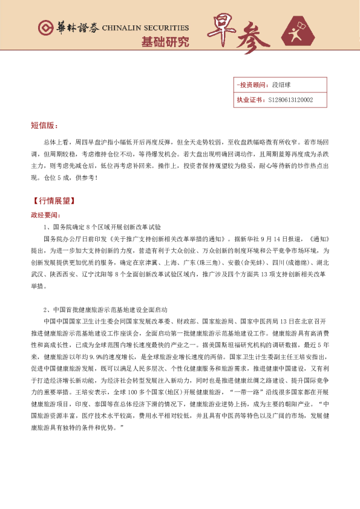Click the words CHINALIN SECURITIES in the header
click(145, 28)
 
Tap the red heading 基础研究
click(165, 42)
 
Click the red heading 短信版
click(44, 126)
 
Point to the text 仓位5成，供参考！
click(73, 178)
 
